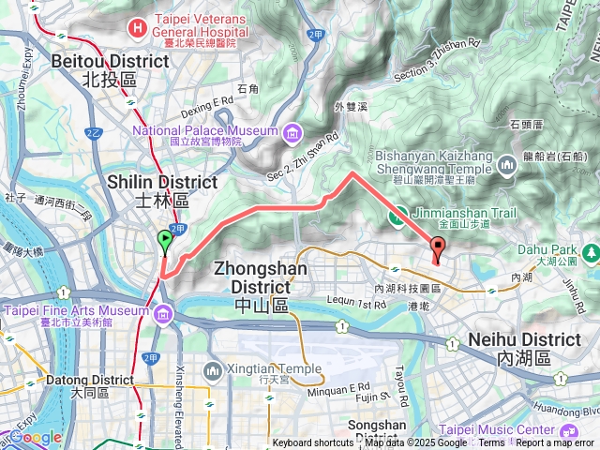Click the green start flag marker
coord(165,242)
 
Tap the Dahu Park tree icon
coord(590,252)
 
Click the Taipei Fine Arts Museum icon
coord(165,312)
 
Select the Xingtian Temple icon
coord(212,374)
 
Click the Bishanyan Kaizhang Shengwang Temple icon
coord(507,165)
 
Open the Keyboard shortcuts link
coord(313,443)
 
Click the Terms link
coord(491,443)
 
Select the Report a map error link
coord(555,443)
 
